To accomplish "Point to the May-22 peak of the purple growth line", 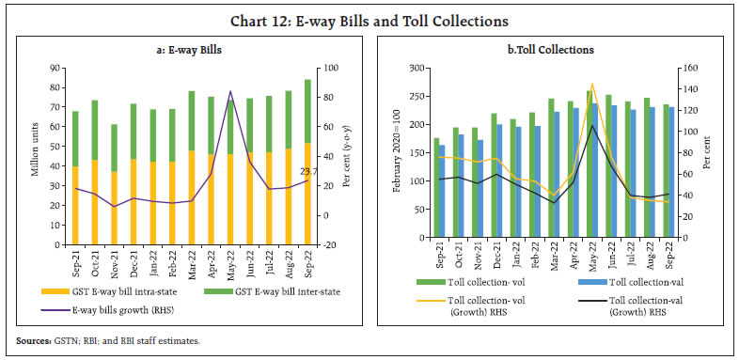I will pyautogui.click(x=231, y=92).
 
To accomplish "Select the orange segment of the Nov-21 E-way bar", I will pyautogui.click(x=114, y=207).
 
